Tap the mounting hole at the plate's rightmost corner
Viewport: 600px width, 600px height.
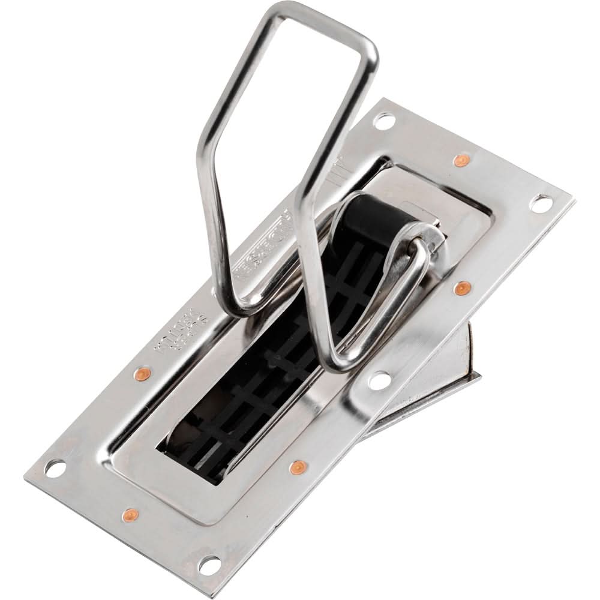[542, 205]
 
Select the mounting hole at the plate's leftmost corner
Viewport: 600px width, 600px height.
[54, 467]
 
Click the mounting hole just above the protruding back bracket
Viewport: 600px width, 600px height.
[379, 379]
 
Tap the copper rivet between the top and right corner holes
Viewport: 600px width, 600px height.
[460, 160]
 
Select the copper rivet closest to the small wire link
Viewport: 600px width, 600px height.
[460, 289]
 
